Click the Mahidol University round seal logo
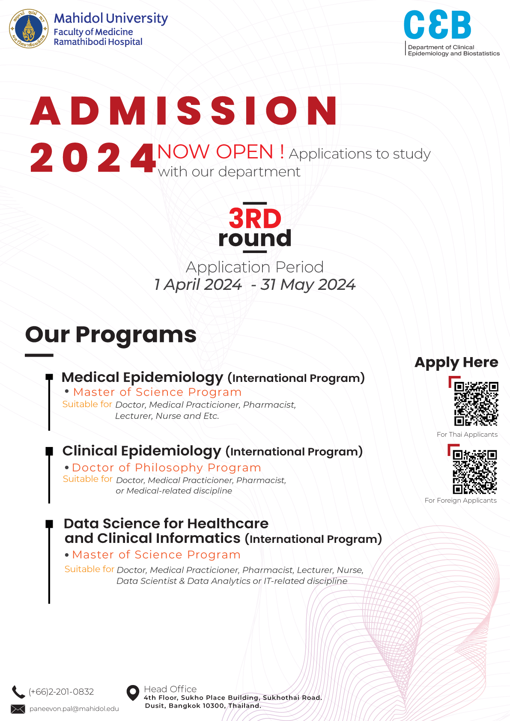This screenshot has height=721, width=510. pos(29,29)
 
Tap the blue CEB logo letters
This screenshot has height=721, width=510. pos(437,25)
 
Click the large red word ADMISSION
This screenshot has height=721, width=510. pos(184,111)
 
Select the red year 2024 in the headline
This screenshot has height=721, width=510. pos(92,158)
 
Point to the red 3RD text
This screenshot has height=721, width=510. pos(255,218)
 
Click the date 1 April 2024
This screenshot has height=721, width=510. pos(198,284)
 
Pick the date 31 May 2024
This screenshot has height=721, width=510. pos(308,284)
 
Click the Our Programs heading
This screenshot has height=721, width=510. pos(111,334)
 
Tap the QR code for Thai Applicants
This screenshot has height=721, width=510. pos(476,404)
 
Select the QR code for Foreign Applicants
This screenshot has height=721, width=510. pos(474,471)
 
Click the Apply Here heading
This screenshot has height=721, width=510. pos(456,363)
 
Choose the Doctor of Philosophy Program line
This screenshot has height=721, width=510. pos(167,468)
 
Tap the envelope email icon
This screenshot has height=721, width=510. pos(18,709)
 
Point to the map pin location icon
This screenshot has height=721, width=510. pos(133,692)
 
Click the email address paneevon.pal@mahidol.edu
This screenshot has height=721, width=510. pos(74,709)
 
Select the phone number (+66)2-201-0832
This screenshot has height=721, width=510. pos(61,692)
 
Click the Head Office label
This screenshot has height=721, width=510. pos(170,689)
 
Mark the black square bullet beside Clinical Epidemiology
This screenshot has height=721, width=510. pos(49,451)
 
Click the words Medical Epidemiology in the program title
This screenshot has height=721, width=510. pos(142,377)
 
